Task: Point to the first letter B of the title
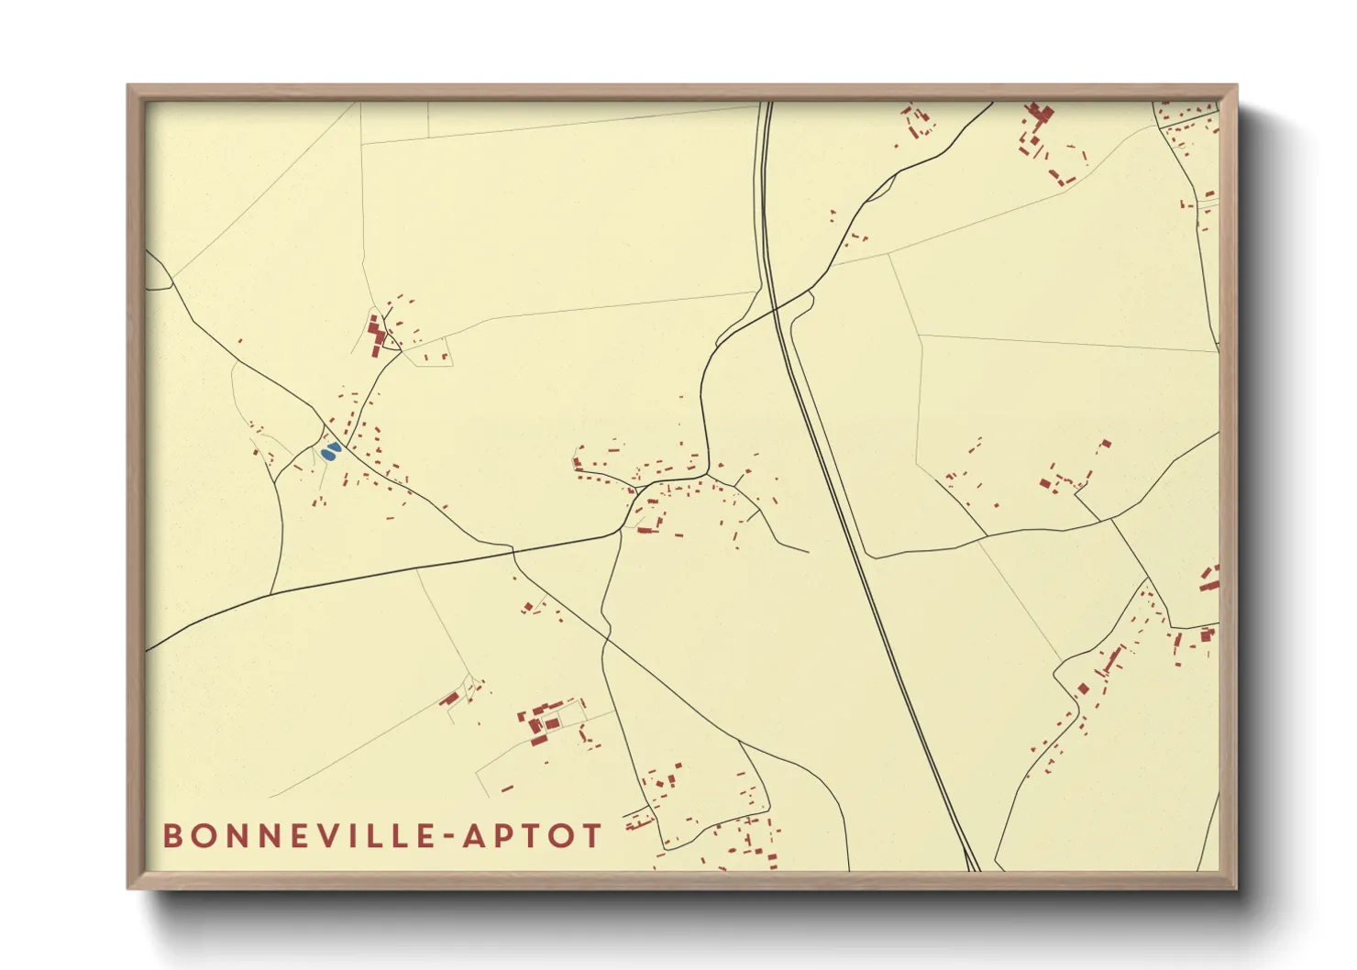pos(172,836)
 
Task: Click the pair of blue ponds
pos(331,450)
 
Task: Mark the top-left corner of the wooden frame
pos(128,86)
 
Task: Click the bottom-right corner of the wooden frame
pos(1236,887)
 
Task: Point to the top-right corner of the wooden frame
pos(1236,86)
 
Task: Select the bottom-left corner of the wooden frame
pos(128,887)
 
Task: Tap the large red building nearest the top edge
pos(1039,114)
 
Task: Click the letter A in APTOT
pos(473,836)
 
